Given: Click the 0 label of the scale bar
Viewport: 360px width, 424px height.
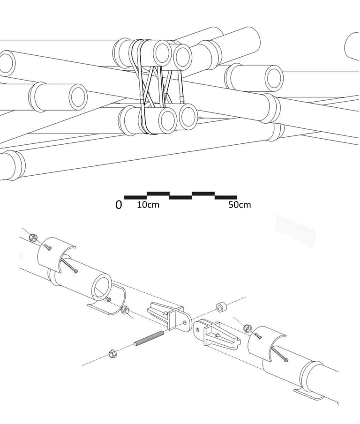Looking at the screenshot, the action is point(119,205).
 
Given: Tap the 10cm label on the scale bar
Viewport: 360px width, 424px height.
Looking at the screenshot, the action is point(148,205).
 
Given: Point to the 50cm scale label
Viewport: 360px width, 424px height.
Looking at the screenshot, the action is point(240,205).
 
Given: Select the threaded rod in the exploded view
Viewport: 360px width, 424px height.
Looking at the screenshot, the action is point(149,338).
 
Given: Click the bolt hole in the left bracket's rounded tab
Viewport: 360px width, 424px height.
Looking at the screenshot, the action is point(185,323).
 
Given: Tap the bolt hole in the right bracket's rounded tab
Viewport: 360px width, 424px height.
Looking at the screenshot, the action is point(198,329).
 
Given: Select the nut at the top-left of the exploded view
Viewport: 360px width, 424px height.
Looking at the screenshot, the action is point(33,238).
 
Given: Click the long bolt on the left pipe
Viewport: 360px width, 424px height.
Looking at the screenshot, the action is point(69,265).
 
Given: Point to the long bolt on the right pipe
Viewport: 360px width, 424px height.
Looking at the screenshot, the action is point(280,355).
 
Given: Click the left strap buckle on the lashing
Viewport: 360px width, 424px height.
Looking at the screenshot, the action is point(141,99).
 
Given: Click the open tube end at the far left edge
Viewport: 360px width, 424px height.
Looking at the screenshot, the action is point(6,63).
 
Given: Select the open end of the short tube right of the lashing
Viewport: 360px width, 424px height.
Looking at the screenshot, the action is point(274,78).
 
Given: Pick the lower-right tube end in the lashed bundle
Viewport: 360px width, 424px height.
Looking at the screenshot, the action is point(188,116).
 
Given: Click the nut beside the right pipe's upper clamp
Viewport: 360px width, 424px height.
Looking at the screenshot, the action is point(247,328).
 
